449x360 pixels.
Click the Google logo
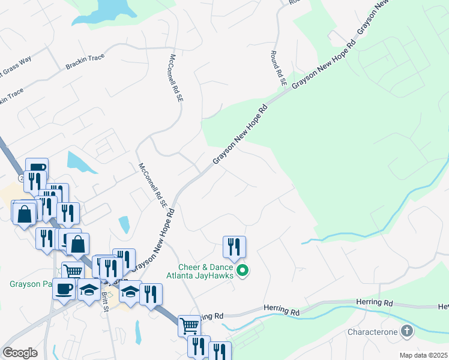pos(20,353)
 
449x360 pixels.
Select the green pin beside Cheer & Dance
pos(243,272)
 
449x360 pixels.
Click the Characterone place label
pos(373,332)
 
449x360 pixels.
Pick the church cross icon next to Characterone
pos(407,331)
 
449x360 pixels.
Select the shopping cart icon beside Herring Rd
pos(189,326)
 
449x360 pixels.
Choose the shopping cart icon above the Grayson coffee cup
pos(73,271)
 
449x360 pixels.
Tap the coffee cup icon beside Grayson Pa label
pos(64,289)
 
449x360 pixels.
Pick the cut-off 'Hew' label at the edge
pos(443,305)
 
